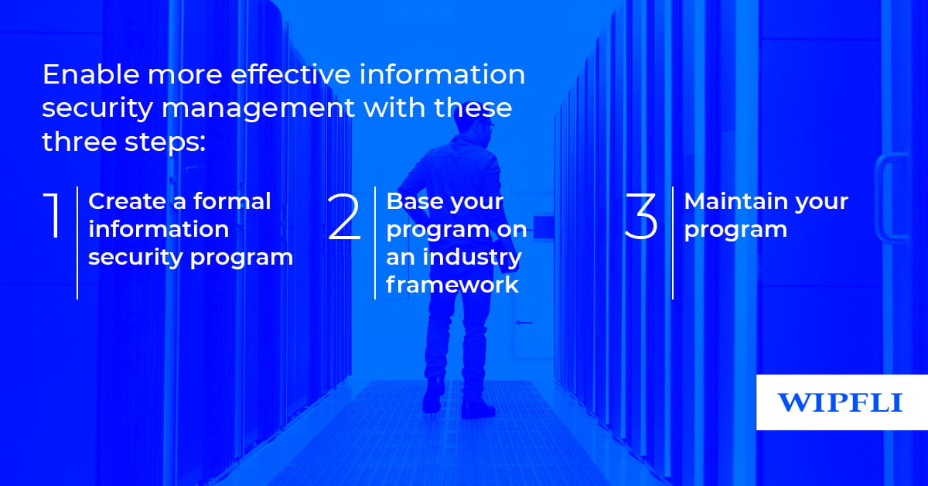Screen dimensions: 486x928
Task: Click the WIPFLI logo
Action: [x=840, y=402]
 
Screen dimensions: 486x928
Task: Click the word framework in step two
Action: [x=452, y=284]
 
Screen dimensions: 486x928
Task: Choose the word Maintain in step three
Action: [x=732, y=201]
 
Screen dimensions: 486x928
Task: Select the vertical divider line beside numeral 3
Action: [x=673, y=242]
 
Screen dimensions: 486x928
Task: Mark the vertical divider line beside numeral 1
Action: [x=77, y=242]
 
